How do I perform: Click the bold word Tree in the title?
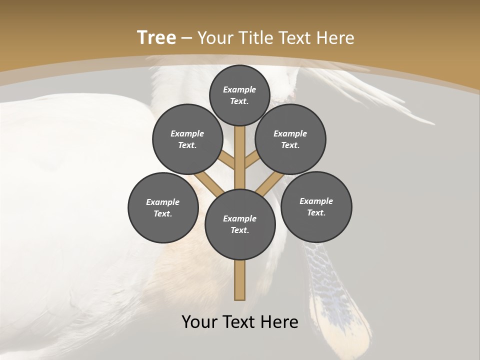[156, 37]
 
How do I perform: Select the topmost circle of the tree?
[239, 95]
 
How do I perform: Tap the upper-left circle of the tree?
[187, 139]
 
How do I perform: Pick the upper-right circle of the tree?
[290, 139]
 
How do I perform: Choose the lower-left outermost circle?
[163, 207]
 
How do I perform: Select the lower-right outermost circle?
[316, 206]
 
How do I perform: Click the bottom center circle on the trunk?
[240, 224]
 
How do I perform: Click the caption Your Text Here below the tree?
[240, 321]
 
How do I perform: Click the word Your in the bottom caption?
[199, 321]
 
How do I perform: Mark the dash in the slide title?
[186, 38]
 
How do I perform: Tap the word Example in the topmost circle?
[239, 89]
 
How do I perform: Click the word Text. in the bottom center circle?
[240, 230]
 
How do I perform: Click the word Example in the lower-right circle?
[316, 201]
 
